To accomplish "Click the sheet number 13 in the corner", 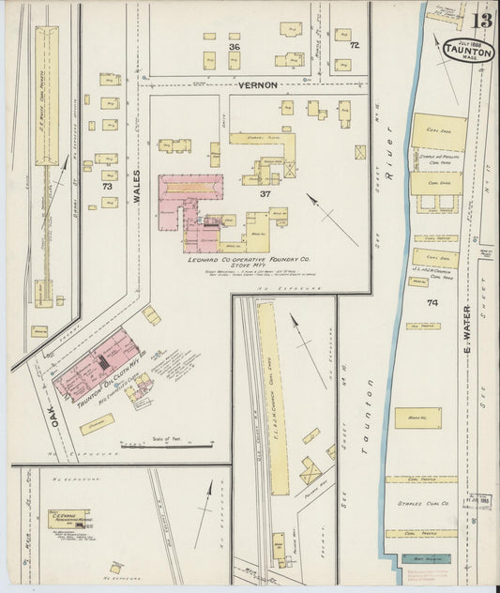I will click(480, 20).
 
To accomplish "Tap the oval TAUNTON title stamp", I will click(457, 51).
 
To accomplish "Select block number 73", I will click(107, 188).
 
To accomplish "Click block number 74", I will click(432, 302).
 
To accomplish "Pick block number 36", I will click(234, 47).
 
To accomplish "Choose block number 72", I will click(354, 44).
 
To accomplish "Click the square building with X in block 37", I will click(360, 151).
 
